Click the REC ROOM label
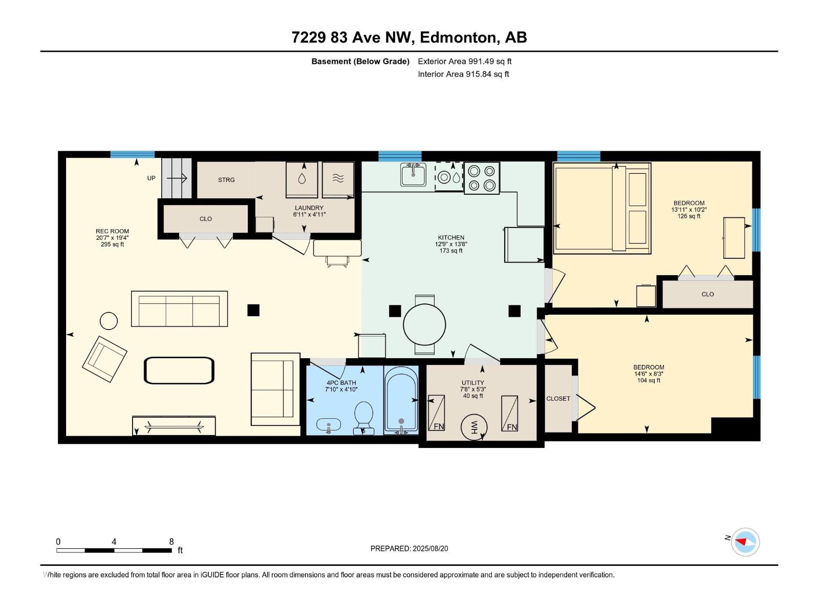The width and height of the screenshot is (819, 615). click(x=112, y=231)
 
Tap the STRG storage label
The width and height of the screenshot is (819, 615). click(x=226, y=180)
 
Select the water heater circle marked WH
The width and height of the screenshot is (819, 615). click(x=474, y=427)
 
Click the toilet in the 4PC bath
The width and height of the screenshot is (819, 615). click(x=363, y=418)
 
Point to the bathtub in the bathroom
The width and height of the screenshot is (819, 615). click(x=401, y=400)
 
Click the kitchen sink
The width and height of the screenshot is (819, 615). click(x=414, y=174)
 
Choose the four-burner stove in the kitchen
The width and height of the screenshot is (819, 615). click(x=482, y=178)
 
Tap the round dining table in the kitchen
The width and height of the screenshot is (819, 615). click(x=425, y=324)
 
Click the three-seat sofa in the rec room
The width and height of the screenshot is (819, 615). click(x=180, y=309)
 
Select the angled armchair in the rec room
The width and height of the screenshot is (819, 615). click(x=104, y=359)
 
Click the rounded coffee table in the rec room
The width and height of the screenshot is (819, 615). click(x=179, y=371)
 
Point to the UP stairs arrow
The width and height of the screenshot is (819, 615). click(x=177, y=178)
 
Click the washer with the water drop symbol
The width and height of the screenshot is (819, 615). click(x=302, y=179)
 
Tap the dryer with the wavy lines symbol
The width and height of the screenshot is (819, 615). click(x=338, y=179)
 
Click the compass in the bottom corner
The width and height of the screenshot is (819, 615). click(x=745, y=542)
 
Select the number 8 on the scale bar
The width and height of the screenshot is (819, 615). click(x=171, y=541)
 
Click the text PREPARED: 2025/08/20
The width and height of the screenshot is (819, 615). click(x=409, y=548)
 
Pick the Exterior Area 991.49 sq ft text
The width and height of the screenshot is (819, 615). click(x=465, y=61)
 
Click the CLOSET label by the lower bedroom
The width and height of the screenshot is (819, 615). click(x=558, y=398)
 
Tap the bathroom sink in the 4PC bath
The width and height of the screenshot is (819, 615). click(x=329, y=424)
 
